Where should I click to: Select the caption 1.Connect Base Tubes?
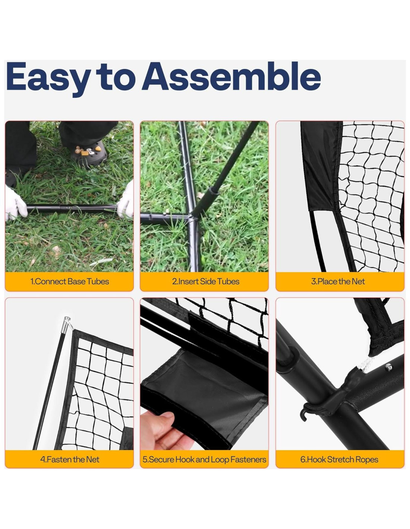[x=69, y=281]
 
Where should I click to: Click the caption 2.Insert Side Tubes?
[x=205, y=281]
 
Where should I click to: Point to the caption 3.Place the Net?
[x=338, y=281]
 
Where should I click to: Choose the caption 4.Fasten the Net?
[x=69, y=459]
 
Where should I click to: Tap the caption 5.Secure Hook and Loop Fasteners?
[x=204, y=459]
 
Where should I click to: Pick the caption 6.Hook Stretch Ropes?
[x=339, y=459]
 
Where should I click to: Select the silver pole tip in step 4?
[x=67, y=323]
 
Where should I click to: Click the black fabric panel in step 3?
[x=321, y=166]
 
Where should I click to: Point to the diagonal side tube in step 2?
[x=227, y=166]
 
